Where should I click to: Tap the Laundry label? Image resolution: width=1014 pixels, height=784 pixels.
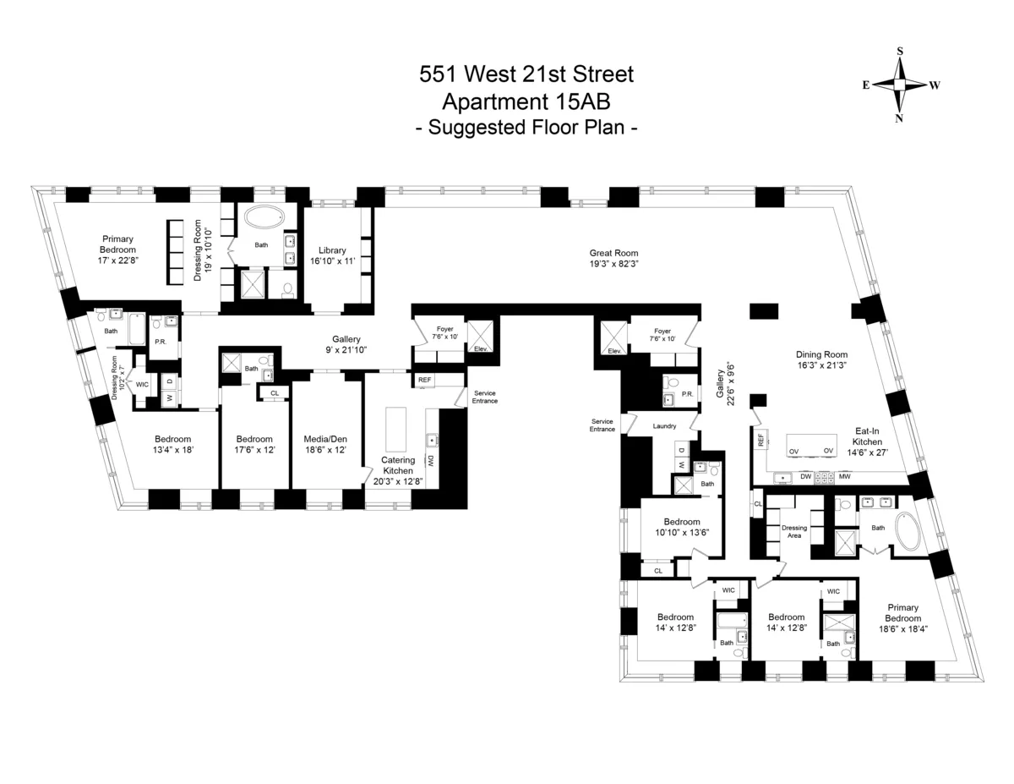coord(664,426)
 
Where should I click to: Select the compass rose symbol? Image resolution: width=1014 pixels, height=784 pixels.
coord(900,85)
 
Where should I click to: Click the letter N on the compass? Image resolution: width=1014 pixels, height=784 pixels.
coord(899,118)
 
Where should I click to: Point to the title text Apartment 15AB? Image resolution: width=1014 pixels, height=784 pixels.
coord(526,101)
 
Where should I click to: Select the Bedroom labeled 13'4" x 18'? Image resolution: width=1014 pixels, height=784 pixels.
coord(172,445)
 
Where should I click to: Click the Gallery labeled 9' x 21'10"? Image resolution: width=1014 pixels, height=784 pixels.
coord(346,344)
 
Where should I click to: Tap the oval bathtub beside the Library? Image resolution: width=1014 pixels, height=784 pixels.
coord(267,217)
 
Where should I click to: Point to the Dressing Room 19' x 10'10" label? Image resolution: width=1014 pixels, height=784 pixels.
coord(203,251)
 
